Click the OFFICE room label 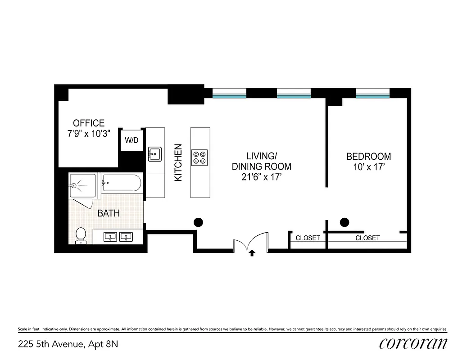(x=89, y=123)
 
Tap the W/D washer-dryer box (x=131, y=140)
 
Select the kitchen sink (x=155, y=153)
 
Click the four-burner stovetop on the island (x=200, y=156)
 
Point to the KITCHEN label (x=178, y=162)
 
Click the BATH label (x=109, y=213)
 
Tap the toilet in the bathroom (x=81, y=234)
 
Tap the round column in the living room (x=198, y=221)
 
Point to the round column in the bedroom (x=345, y=221)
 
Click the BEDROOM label (x=368, y=157)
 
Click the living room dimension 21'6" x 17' (x=261, y=177)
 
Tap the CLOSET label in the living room (x=308, y=238)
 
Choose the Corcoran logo (x=413, y=343)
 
